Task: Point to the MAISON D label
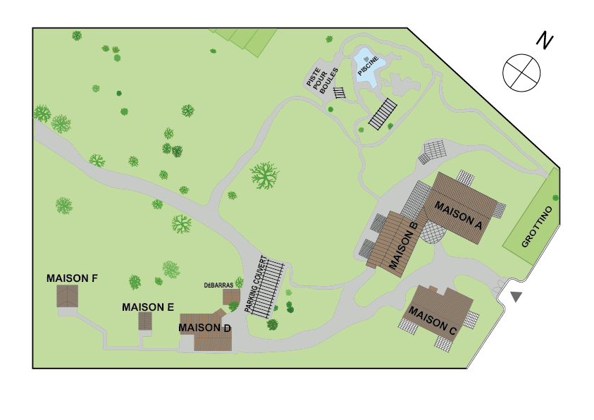204,328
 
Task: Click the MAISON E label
148,307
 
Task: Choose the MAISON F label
72,278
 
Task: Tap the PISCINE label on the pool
369,65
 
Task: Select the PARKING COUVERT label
257,283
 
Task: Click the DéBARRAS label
218,285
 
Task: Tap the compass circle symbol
521,72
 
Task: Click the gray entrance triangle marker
516,297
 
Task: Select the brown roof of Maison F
67,297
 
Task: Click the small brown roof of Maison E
146,321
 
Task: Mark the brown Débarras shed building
231,297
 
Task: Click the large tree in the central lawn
264,175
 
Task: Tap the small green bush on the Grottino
556,197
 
